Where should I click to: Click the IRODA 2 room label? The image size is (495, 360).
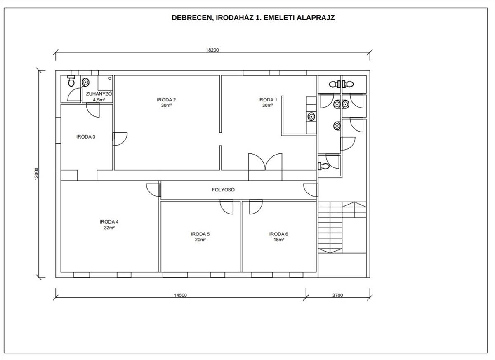coord(166,100)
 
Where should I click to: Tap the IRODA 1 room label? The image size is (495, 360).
coord(268,100)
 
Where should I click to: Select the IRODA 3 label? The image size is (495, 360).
coord(86,137)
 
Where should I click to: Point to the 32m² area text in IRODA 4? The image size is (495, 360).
coord(109,228)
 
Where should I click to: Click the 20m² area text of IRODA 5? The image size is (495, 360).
coord(200,240)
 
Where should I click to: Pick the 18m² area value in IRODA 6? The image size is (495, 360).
coord(279,240)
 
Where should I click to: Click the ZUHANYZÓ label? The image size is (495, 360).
coord(99,94)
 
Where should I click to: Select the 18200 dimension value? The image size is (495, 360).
coord(212,50)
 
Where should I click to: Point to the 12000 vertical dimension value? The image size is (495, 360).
coord(37,174)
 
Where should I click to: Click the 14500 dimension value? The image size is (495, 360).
coord(180,295)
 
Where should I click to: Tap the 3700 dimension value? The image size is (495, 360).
coord(337,295)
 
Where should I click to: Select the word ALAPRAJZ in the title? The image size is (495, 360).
coord(316,18)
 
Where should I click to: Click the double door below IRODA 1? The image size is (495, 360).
coord(265,162)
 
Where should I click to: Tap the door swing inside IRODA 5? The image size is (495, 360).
coord(226,207)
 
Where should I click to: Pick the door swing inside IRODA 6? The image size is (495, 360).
coord(256,207)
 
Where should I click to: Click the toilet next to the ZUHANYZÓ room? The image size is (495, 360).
coord(71,81)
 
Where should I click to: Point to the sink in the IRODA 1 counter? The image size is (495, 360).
coord(311,116)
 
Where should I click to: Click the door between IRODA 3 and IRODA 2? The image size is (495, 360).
coord(120,139)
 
